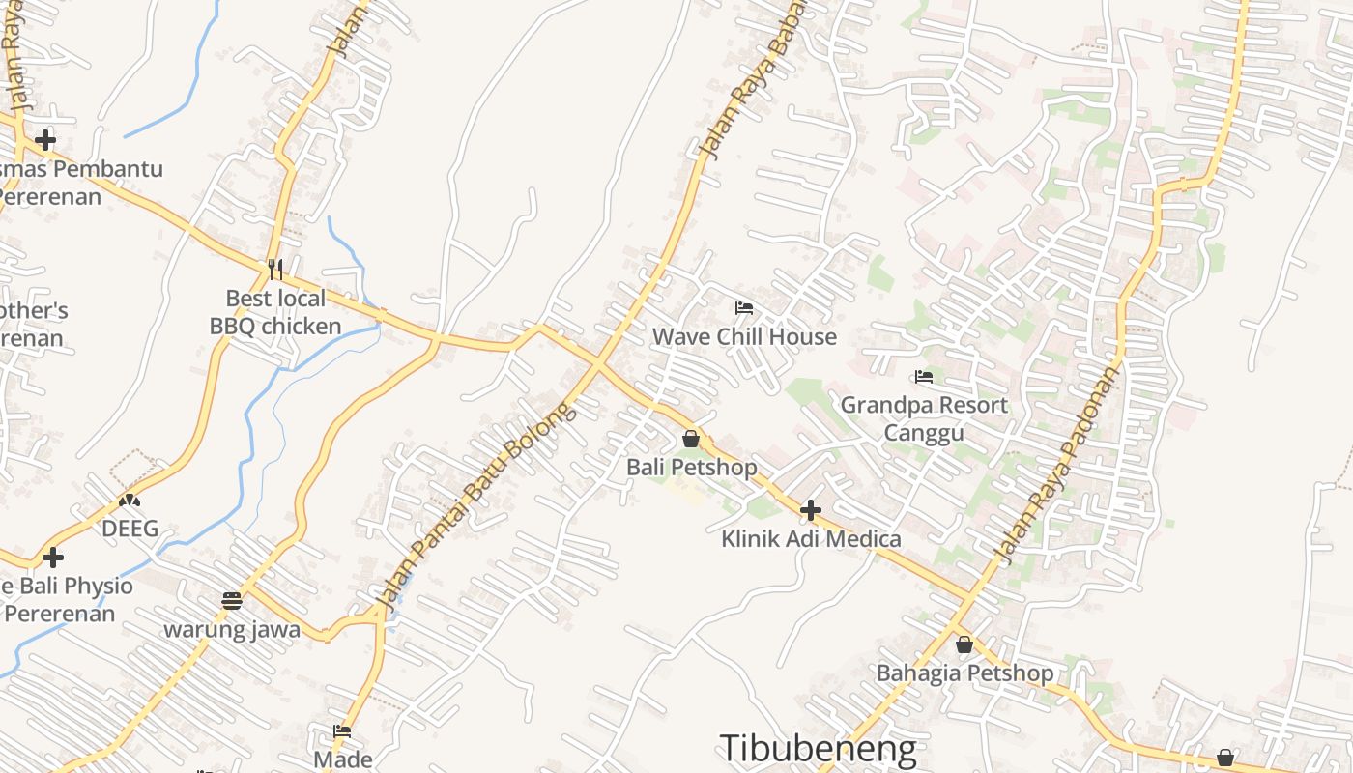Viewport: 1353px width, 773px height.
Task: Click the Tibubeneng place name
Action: tap(818, 748)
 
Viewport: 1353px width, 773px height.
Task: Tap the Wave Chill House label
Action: tap(744, 336)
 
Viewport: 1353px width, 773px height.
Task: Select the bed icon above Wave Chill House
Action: tap(744, 308)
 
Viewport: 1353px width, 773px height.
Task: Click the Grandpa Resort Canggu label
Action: tap(924, 417)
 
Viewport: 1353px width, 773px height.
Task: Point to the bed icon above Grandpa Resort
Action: tap(924, 377)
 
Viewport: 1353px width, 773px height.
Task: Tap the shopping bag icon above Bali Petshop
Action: tap(691, 439)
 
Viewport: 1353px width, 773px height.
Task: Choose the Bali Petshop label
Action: tap(692, 468)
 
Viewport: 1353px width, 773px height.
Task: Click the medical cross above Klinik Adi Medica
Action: tap(811, 510)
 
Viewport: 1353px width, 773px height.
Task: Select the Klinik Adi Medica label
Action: tap(811, 539)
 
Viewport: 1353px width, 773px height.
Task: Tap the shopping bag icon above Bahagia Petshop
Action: tap(964, 644)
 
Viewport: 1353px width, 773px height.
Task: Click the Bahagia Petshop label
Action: tap(964, 673)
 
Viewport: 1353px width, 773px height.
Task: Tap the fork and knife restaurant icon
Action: tap(275, 268)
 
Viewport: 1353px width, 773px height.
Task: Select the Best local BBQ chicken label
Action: tap(275, 312)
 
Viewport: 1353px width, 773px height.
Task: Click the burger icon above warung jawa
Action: tap(231, 601)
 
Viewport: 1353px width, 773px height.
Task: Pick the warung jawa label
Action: tap(232, 630)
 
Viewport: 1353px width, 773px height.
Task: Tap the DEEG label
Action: tap(130, 529)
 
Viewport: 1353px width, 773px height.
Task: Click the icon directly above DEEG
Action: tap(130, 501)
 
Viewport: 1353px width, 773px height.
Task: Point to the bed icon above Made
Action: tap(342, 731)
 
